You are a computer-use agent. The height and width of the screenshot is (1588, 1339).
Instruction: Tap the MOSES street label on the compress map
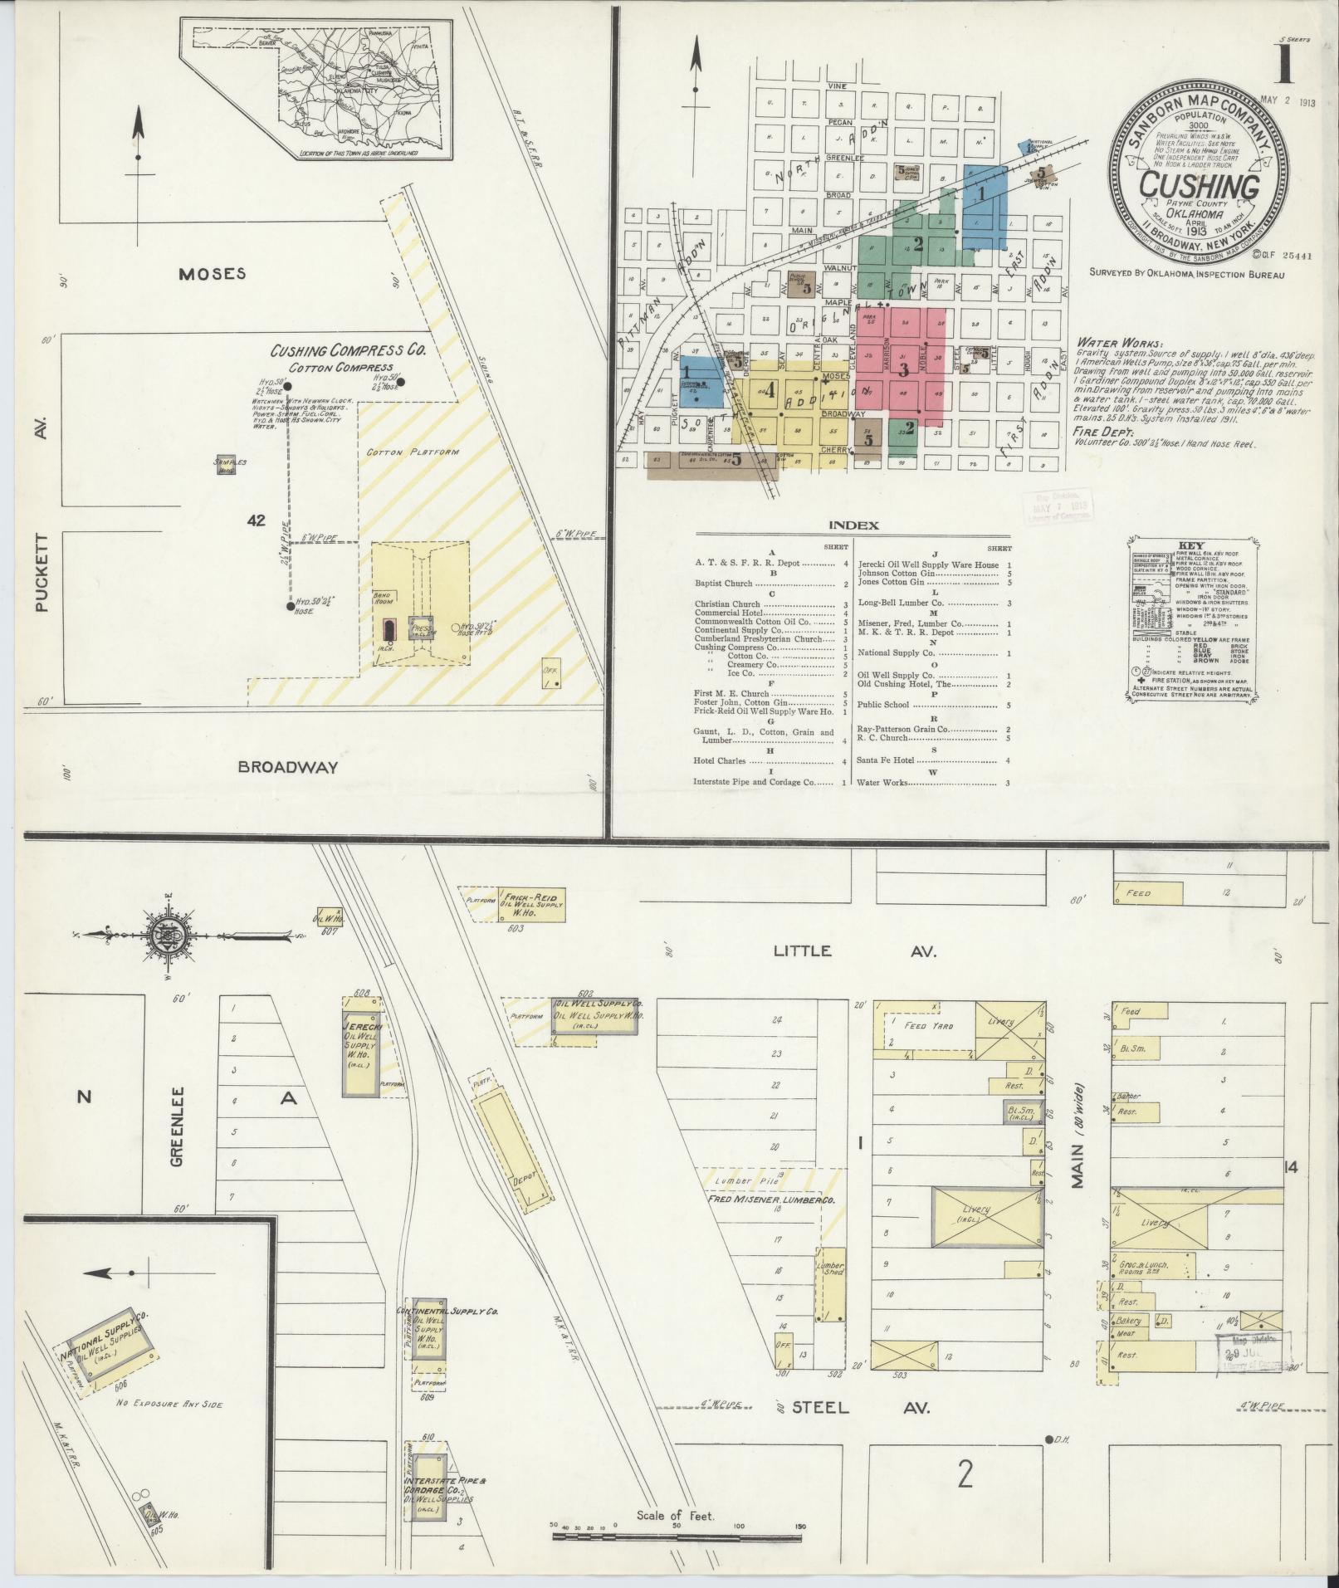pos(213,273)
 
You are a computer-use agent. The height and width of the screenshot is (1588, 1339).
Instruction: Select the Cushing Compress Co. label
pos(348,351)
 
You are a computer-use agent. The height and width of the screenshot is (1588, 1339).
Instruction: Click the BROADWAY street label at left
pos(288,766)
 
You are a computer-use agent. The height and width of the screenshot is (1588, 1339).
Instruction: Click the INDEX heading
pos(853,525)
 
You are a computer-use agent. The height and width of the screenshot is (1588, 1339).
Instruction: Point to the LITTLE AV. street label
pos(855,951)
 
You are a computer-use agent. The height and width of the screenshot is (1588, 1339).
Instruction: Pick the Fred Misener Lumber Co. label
pos(770,1201)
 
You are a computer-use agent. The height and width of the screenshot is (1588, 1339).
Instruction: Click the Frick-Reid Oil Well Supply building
pos(532,906)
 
